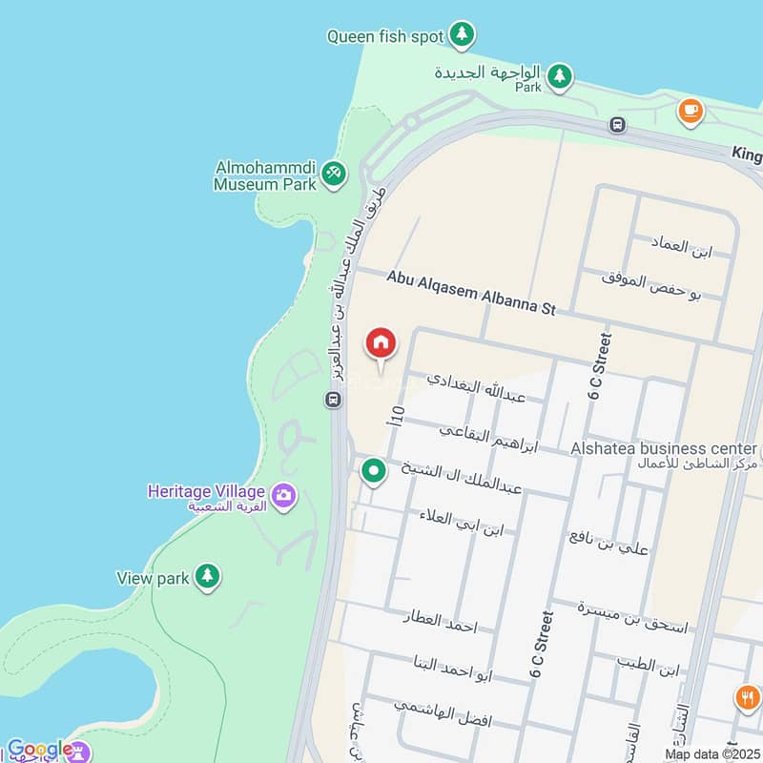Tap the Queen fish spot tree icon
463,35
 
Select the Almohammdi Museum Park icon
334,173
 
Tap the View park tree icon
207,575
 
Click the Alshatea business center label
664,448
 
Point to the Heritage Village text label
205,491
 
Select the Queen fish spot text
385,36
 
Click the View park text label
153,577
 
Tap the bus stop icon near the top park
618,124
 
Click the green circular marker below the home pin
374,469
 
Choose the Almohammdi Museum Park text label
266,175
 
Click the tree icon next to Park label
559,74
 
